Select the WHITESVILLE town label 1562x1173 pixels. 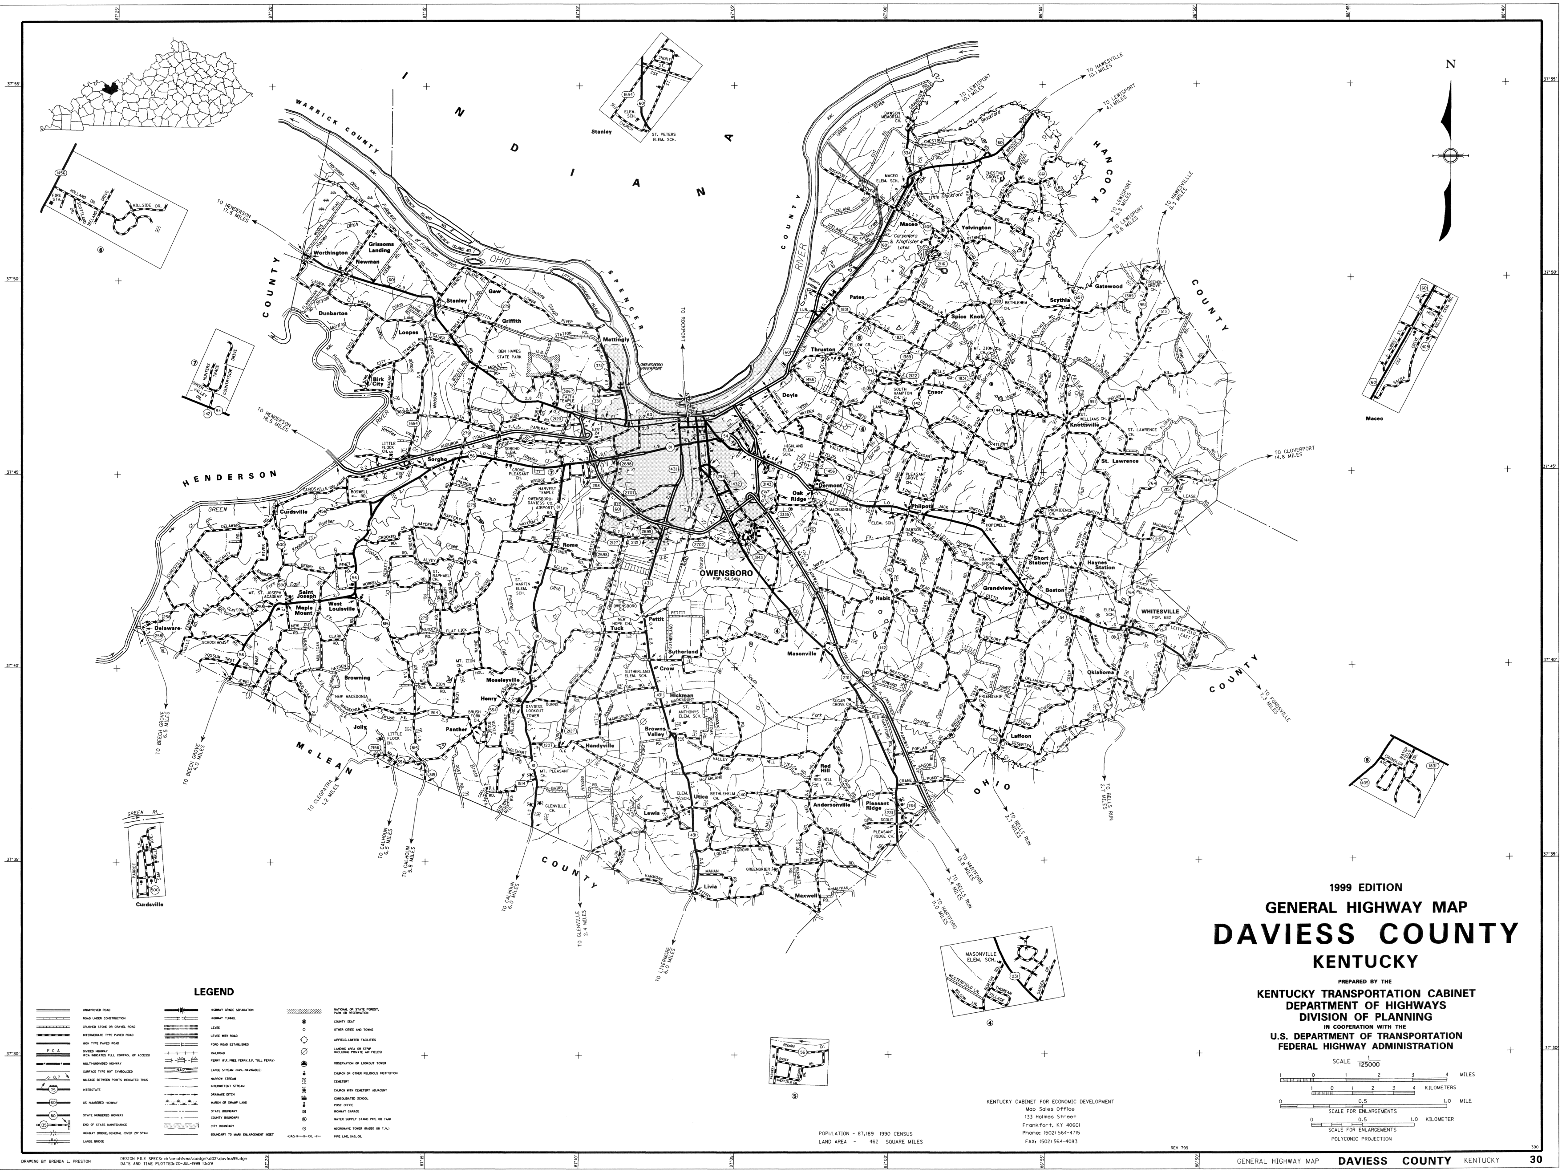coord(1160,611)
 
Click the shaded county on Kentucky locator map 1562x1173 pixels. coord(108,89)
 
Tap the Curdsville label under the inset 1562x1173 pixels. coord(149,905)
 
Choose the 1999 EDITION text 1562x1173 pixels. coord(1365,888)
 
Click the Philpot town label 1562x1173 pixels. coord(922,506)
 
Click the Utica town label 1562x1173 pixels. coord(700,796)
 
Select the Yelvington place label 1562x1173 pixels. coord(976,228)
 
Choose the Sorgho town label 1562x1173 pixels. coord(438,460)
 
